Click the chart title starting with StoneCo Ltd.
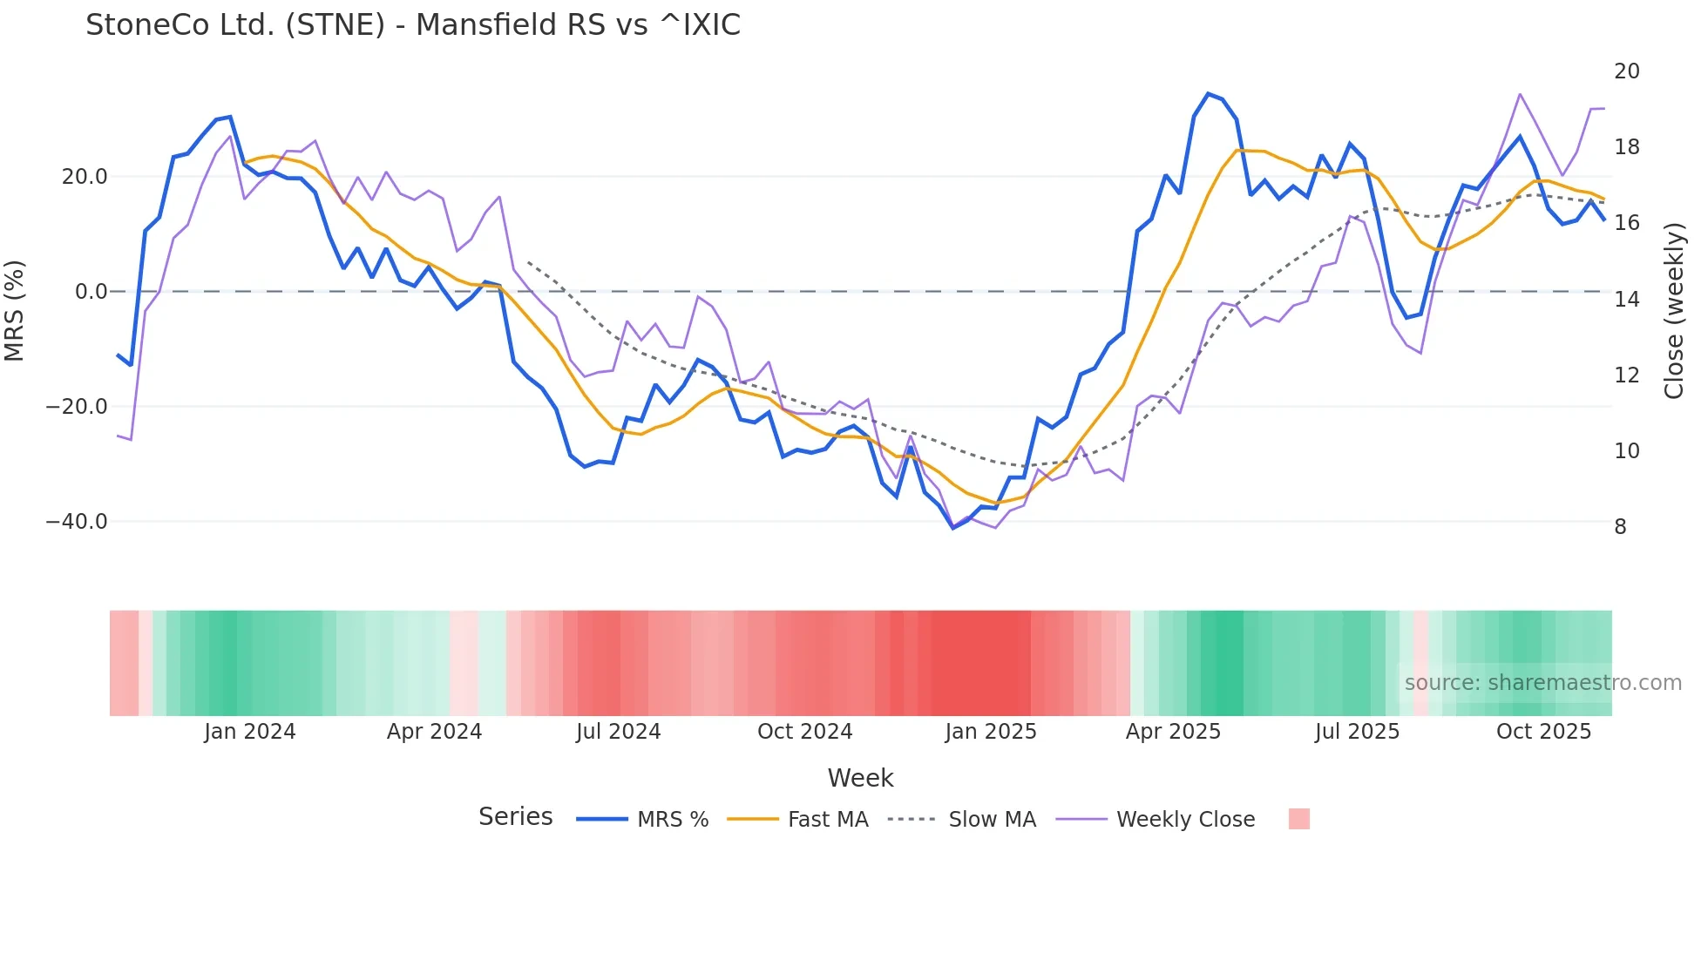[413, 25]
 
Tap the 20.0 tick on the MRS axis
[85, 177]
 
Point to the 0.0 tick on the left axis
[91, 292]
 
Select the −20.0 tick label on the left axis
[77, 407]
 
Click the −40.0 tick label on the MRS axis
[77, 522]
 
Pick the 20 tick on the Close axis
[1626, 71]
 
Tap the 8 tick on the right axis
[1620, 527]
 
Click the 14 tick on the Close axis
[1626, 300]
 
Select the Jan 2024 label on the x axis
[250, 732]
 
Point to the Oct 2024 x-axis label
[804, 732]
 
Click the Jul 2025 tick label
[1357, 732]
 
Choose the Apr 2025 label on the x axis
[1173, 732]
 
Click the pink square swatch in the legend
[1298, 819]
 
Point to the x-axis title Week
[860, 778]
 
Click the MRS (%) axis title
[15, 310]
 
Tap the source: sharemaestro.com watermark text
[1542, 683]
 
